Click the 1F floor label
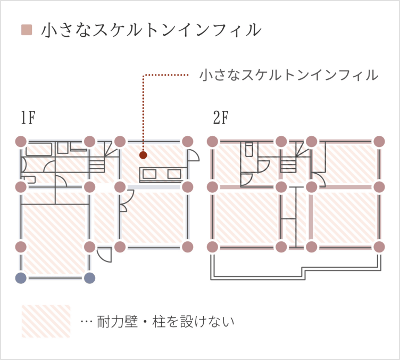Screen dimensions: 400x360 [x=28, y=118]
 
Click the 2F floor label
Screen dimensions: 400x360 [x=221, y=118]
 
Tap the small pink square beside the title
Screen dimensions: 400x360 [x=27, y=30]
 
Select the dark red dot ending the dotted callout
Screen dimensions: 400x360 [x=143, y=155]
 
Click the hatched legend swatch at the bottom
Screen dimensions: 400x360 [x=46, y=321]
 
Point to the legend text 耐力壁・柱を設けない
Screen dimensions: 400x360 [x=165, y=322]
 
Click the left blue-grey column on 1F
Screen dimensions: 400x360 [x=21, y=278]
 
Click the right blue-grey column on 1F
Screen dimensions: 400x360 [x=89, y=278]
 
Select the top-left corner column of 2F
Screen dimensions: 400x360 [x=213, y=142]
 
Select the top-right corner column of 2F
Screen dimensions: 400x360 [x=379, y=142]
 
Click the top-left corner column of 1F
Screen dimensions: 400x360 [x=21, y=142]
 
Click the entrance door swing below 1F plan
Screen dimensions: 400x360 [x=105, y=255]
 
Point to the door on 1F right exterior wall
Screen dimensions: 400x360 [x=194, y=156]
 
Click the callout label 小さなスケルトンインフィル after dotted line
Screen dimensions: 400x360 [x=289, y=75]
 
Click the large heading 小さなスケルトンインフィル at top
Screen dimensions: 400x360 [x=151, y=30]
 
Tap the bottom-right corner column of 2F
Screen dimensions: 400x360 [x=379, y=247]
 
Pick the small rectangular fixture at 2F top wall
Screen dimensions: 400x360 [x=249, y=149]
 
